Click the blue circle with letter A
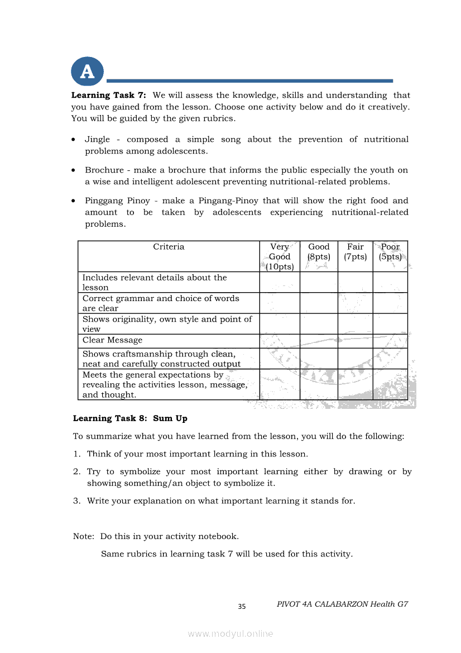pos(87,72)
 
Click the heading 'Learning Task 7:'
pos(108,96)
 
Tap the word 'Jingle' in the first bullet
pos(97,140)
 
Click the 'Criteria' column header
pos(169,247)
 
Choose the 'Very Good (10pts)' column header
pos(280,257)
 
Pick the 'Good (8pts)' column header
pos(319,252)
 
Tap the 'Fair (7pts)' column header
pos(355,252)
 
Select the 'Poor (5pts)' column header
pos(390,252)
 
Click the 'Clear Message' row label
pos(112,340)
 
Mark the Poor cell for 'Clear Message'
pos(390,341)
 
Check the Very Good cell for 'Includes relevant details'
pos(280,282)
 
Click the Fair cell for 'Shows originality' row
pos(355,323)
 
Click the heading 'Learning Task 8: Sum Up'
pos(130,418)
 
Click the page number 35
pos(242,607)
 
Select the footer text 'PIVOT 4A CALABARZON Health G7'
pos(342,604)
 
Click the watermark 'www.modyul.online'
pos(231,634)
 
